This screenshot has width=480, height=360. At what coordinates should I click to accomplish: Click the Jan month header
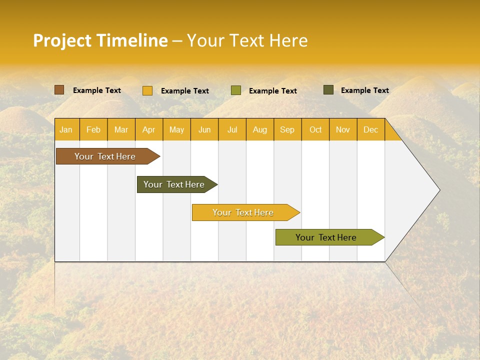point(66,129)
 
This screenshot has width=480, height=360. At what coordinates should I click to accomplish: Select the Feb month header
point(93,129)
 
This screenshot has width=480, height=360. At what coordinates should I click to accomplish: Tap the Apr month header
point(149,129)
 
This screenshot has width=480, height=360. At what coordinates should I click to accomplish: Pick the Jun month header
point(204,129)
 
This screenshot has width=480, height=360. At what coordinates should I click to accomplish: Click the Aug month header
point(260,129)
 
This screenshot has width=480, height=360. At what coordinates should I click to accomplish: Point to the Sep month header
point(287,129)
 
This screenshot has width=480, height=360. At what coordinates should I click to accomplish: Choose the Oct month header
point(315,129)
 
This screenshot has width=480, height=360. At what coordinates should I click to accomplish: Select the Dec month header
point(371,129)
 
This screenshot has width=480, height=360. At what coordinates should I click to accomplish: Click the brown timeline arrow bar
point(105,156)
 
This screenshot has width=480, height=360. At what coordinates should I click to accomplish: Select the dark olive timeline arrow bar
point(174,184)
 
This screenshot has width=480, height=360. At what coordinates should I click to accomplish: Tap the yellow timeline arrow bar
point(243,212)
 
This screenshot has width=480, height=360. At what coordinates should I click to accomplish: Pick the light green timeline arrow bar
point(326,237)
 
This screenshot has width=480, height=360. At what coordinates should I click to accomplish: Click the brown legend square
point(59,90)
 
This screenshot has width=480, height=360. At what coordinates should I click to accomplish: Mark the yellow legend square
point(147,90)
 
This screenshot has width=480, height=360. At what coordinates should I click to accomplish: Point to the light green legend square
point(236,90)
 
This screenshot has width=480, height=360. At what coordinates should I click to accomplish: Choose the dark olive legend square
point(328,90)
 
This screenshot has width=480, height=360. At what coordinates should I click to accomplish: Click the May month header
point(176,129)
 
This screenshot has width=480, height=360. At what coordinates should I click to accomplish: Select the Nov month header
point(343,129)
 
